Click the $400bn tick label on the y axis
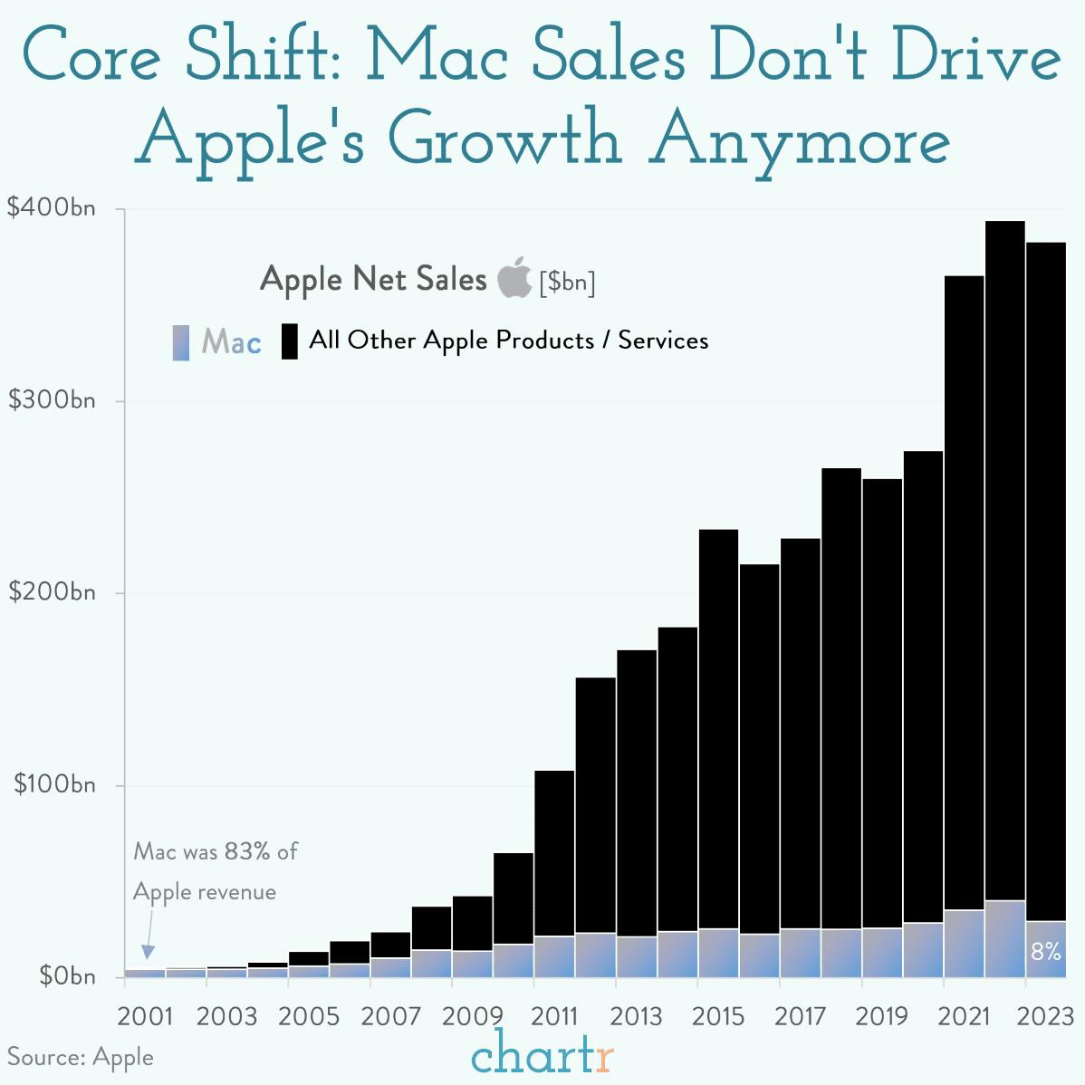point(51,208)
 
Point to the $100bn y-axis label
point(53,784)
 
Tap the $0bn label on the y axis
point(66,976)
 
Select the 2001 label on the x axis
point(145,1016)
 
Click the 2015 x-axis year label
point(718,1016)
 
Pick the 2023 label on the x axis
point(1044,1016)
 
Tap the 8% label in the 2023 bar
point(1045,952)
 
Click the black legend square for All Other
point(290,341)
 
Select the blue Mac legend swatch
point(181,342)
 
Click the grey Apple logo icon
point(514,277)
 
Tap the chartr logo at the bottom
point(542,1055)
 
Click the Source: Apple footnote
point(81,1057)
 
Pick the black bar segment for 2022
point(1004,562)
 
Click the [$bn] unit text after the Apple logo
point(567,282)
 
